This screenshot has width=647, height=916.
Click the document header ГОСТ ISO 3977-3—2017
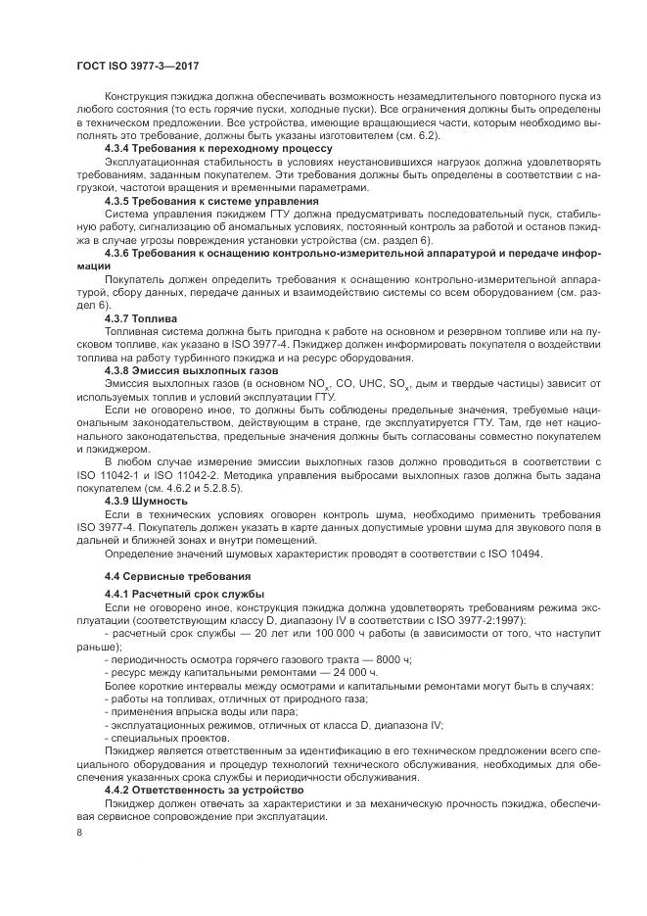pyautogui.click(x=144, y=65)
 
